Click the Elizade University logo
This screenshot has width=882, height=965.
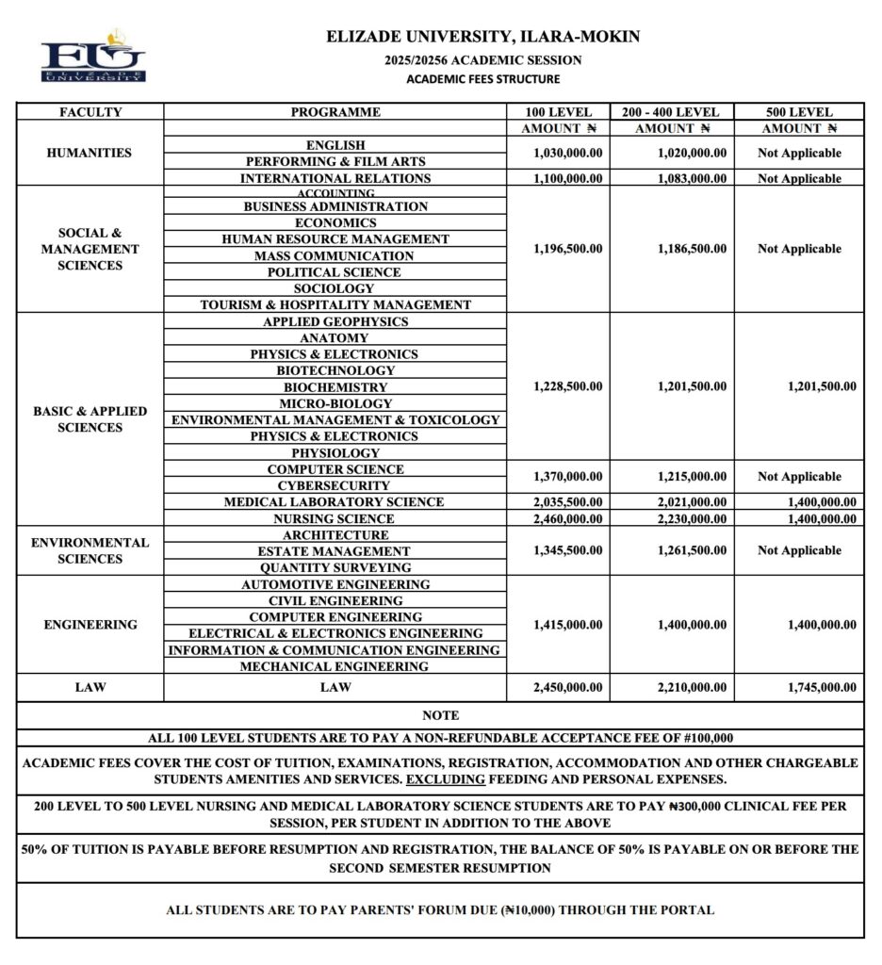[x=93, y=57]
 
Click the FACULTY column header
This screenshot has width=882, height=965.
[x=90, y=112]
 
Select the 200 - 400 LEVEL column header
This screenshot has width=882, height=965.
[x=671, y=112]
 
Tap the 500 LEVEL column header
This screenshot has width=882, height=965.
[x=799, y=112]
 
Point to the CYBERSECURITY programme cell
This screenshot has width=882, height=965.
[x=335, y=485]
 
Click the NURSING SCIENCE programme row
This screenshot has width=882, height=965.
[x=335, y=518]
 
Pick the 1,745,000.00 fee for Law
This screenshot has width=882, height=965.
[x=822, y=688]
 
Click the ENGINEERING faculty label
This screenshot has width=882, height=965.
[x=90, y=625]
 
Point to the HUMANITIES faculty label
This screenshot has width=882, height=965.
[x=90, y=153]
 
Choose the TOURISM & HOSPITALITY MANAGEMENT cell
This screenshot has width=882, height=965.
[x=335, y=305]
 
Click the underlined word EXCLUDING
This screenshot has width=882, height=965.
[x=446, y=779]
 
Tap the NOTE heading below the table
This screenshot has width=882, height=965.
[x=440, y=716]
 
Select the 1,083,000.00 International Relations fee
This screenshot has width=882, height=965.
[x=692, y=178]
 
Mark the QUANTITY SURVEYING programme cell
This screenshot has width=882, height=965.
[x=335, y=568]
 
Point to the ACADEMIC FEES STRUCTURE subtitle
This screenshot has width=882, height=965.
[x=482, y=79]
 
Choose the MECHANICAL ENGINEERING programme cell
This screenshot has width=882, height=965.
[x=335, y=666]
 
